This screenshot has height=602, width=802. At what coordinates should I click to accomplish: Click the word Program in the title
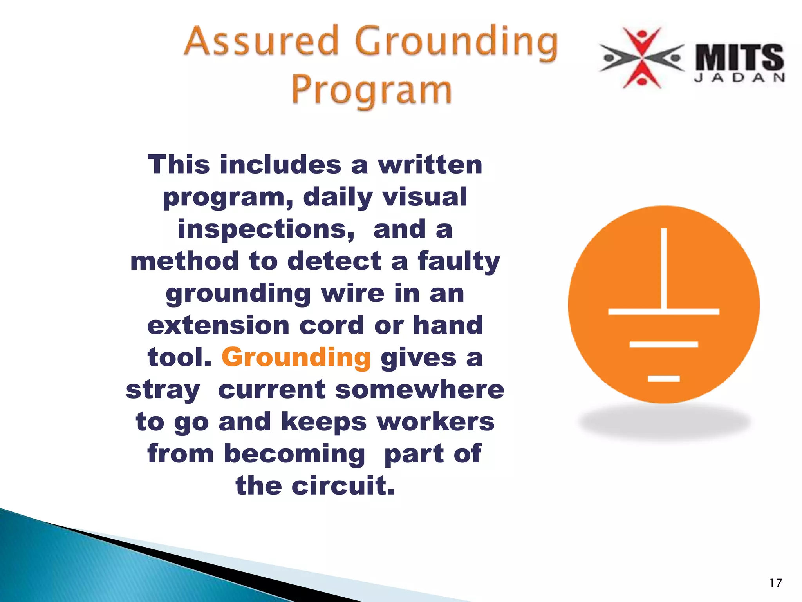click(x=371, y=90)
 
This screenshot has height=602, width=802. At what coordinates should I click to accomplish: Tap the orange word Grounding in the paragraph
click(x=296, y=357)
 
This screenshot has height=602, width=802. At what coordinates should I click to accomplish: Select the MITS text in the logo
click(x=739, y=58)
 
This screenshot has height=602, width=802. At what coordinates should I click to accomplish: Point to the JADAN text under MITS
click(x=739, y=78)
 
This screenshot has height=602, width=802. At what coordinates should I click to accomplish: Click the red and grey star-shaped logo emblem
click(x=641, y=58)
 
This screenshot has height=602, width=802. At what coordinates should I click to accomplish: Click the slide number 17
click(x=775, y=583)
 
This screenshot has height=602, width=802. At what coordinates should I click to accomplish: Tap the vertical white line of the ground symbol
click(x=664, y=268)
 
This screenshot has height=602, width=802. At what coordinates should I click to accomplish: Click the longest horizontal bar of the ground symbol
click(x=664, y=312)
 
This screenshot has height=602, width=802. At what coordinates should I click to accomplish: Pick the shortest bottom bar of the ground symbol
click(x=664, y=378)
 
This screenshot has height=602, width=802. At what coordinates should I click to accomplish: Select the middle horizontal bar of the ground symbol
click(x=664, y=345)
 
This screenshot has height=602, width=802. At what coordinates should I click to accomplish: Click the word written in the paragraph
click(x=430, y=165)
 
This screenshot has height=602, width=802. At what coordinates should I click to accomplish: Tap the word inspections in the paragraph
click(x=266, y=229)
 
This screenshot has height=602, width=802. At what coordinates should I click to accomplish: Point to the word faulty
click(x=459, y=261)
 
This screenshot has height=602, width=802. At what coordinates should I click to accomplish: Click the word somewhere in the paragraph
click(x=419, y=390)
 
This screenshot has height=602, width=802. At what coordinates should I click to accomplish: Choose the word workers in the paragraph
click(x=435, y=422)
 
